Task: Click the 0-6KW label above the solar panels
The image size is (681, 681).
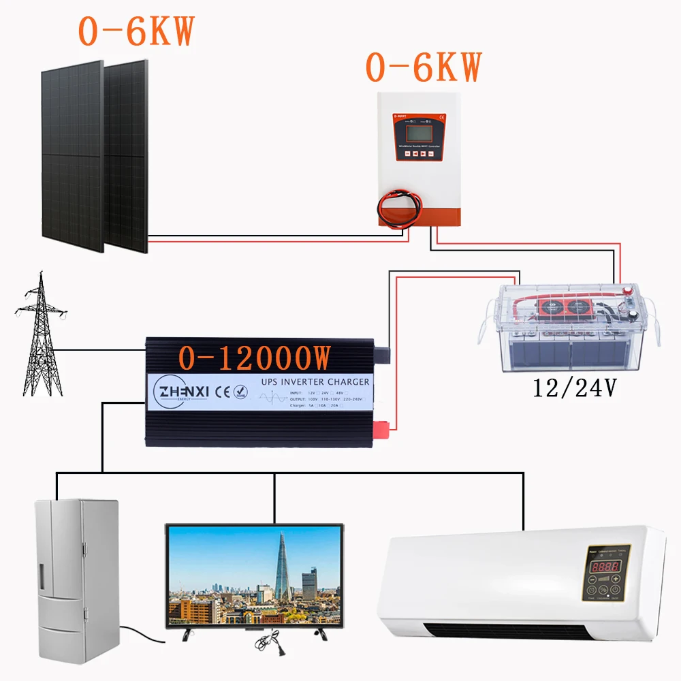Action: pyautogui.click(x=136, y=30)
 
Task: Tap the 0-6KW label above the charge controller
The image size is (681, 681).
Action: pyautogui.click(x=423, y=67)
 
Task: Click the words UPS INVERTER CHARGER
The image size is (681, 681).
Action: pyautogui.click(x=315, y=382)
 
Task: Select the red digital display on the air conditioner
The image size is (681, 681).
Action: pyautogui.click(x=605, y=567)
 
